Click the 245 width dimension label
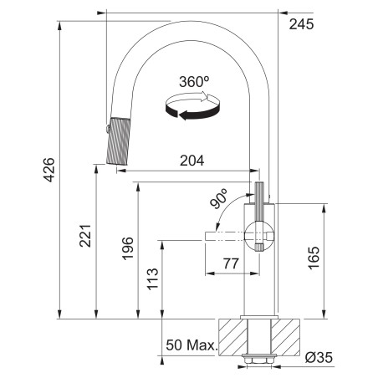click(301, 24)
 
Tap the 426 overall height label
click(49, 170)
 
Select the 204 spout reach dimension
click(192, 161)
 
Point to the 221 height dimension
click(85, 236)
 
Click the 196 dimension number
click(128, 248)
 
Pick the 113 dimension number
click(152, 279)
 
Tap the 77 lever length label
click(231, 263)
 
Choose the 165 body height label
click(314, 258)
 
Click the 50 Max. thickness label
click(192, 345)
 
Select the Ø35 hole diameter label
click(319, 357)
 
